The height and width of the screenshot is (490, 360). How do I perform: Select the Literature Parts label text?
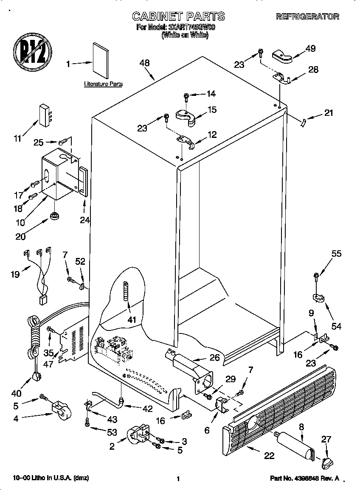tap(103, 84)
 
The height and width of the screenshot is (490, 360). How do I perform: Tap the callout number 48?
tap(145, 63)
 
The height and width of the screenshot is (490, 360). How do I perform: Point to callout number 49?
tap(310, 48)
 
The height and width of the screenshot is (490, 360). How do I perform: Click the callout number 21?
tap(329, 113)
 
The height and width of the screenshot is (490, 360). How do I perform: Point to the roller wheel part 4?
tap(61, 408)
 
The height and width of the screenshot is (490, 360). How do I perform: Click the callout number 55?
tap(336, 254)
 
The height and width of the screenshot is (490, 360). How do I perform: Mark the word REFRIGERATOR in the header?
tap(307, 17)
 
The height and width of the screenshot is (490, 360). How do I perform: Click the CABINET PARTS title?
tap(178, 17)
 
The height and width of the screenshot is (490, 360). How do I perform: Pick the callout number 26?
tap(214, 358)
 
